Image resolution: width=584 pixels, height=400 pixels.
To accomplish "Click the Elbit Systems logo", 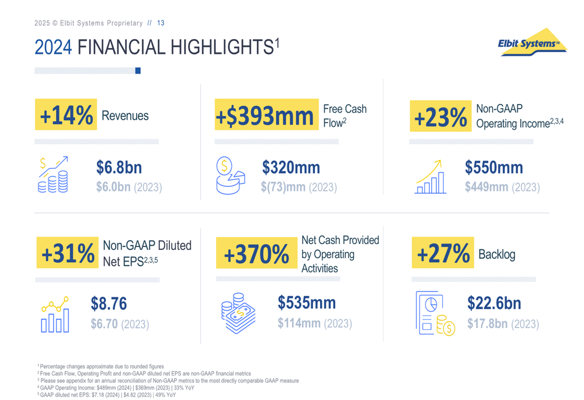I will coord(531,43).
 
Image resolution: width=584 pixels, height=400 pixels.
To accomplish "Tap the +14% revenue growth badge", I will coord(66,116).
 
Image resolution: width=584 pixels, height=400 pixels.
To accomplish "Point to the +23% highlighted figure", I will coord(441,116).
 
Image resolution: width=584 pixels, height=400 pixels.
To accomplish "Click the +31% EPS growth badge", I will coord(68,253).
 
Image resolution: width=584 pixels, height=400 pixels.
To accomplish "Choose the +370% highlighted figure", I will coord(256,254).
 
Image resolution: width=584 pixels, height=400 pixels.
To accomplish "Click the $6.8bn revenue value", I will coord(119,168).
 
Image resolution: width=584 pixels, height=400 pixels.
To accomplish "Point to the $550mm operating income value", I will coord(494,168).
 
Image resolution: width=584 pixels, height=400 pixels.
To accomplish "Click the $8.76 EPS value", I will coord(109,304).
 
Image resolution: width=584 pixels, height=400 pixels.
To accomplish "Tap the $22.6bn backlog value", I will coord(494,304).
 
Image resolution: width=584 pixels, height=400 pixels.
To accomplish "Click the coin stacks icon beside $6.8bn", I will coord(53,175).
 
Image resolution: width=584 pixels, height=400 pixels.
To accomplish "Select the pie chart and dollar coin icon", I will coord(230,175).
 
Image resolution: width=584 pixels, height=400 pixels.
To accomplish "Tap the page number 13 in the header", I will coord(161,23).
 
